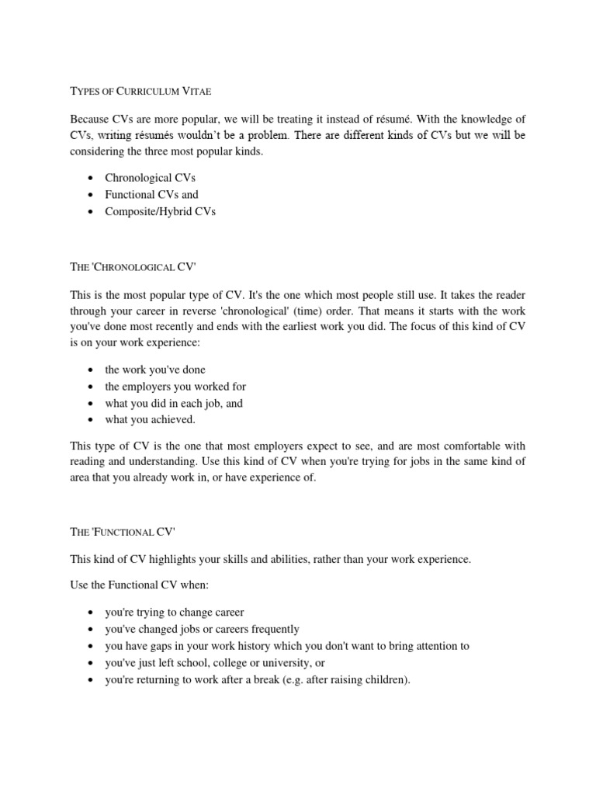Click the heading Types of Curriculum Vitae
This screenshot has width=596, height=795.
[140, 91]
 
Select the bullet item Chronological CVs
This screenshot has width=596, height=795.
[151, 178]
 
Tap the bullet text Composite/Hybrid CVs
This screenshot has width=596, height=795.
[160, 212]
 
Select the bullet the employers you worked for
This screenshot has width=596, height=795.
[175, 386]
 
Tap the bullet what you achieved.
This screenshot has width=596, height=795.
[150, 419]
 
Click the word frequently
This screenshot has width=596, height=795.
[273, 629]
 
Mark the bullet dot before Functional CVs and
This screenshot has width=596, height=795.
[92, 196]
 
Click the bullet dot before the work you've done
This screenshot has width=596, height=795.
[92, 370]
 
